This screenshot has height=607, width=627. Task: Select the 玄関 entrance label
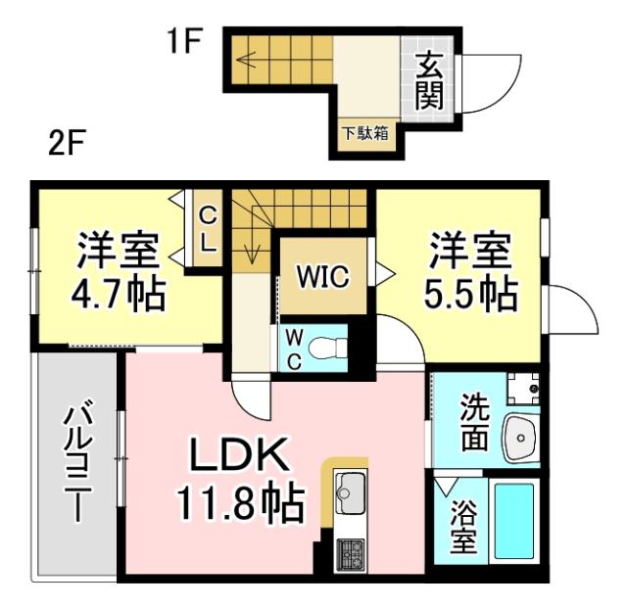tap(429, 80)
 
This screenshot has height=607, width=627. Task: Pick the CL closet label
tap(208, 229)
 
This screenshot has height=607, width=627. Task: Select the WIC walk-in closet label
tap(324, 277)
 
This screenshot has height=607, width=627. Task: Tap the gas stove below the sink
tap(350, 554)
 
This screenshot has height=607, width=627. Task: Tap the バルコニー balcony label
tap(77, 461)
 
